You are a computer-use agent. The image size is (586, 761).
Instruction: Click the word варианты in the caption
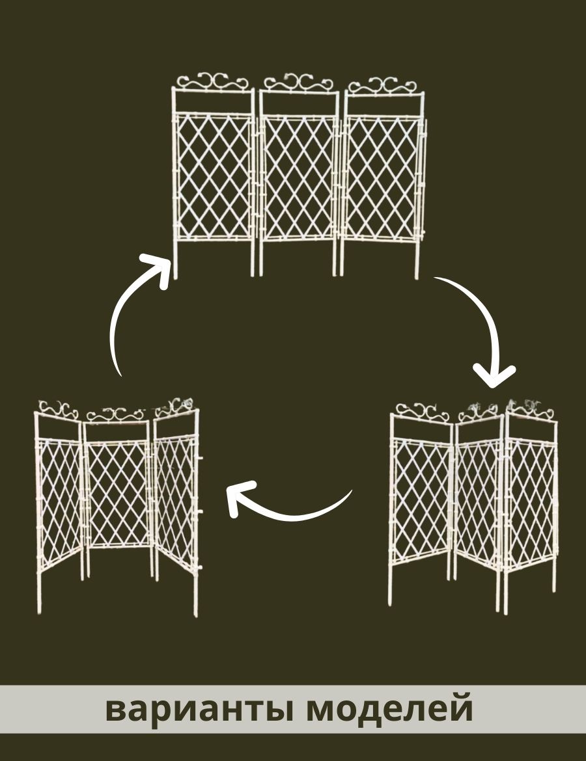click(x=200, y=710)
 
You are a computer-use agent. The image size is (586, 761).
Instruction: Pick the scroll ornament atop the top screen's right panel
click(x=384, y=85)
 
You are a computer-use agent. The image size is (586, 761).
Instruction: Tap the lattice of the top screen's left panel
click(x=214, y=177)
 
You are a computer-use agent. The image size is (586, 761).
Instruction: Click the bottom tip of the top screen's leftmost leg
click(x=175, y=278)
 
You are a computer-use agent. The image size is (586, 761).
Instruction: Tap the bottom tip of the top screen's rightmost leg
click(x=417, y=278)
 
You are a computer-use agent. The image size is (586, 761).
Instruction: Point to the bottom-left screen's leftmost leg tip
click(x=39, y=613)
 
